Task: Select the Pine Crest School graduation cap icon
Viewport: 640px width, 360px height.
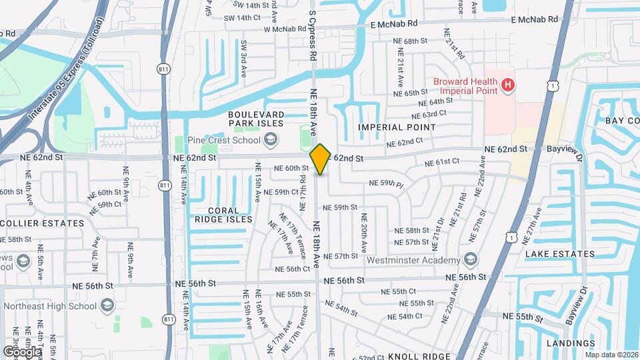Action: coord(271,139)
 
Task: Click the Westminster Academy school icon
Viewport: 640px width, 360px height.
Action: coord(471,259)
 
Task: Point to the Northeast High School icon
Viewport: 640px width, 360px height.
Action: coord(106,305)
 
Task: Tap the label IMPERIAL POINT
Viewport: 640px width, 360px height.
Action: coord(397,127)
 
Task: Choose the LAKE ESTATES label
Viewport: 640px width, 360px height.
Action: coord(559,254)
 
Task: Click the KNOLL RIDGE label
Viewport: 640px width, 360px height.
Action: coord(420,356)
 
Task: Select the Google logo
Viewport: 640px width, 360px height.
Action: coord(22,351)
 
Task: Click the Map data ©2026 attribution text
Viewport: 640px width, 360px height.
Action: coord(611,355)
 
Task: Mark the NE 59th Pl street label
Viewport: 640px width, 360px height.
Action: coord(387,183)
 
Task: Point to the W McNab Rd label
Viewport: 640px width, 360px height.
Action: coord(290,29)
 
